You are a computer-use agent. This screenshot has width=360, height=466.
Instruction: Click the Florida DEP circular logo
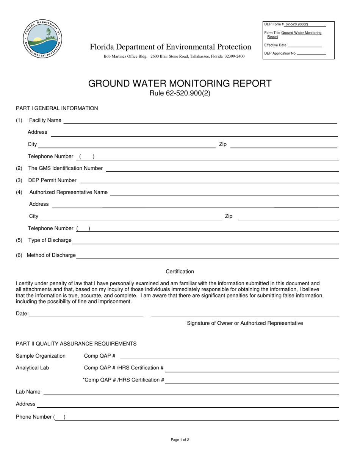click(42, 39)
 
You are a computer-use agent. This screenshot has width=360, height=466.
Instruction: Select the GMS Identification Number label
click(65, 168)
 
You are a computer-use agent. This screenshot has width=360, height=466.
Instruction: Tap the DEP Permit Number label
click(52, 180)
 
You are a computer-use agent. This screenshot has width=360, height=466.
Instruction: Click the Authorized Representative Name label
click(68, 192)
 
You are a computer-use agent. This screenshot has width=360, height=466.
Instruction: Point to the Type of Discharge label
click(50, 240)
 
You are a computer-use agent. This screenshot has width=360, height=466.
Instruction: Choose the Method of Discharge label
click(51, 255)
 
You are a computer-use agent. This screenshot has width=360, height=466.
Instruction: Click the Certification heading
click(180, 272)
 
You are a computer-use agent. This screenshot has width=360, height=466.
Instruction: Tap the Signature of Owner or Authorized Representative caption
click(245, 323)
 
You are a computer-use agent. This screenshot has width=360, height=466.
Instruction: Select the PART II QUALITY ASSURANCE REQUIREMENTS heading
click(76, 344)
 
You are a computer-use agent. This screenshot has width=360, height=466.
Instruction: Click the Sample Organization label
click(41, 356)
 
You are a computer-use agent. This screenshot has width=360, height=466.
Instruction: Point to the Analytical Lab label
click(32, 368)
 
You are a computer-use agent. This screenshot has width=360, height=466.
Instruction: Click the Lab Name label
click(28, 392)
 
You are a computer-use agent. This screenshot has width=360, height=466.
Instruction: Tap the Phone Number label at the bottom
click(34, 417)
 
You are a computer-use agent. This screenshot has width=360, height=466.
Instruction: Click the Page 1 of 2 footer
click(180, 440)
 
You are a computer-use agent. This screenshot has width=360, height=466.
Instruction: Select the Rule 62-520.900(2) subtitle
click(180, 93)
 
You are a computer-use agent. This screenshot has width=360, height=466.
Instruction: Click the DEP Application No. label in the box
click(280, 53)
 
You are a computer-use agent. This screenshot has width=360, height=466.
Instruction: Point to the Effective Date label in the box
click(275, 45)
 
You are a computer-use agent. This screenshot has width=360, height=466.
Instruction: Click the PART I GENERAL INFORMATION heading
click(57, 108)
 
